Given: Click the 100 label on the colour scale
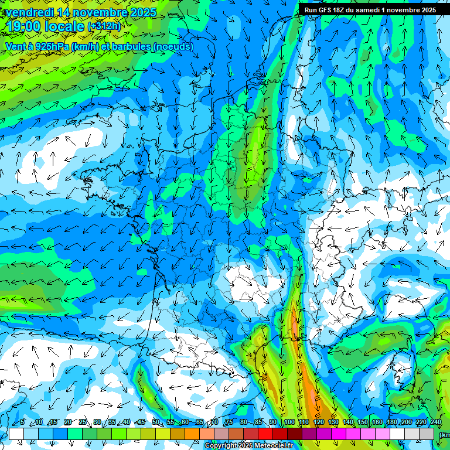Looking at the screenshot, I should pyautogui.click(x=289, y=422).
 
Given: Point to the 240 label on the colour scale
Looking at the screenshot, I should pyautogui.click(x=435, y=422).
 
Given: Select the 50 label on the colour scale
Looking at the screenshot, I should pyautogui.click(x=156, y=422).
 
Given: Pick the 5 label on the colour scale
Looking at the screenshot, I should pyautogui.click(x=22, y=422).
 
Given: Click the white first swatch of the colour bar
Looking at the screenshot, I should pyautogui.click(x=16, y=434).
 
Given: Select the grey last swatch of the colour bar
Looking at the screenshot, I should pyautogui.click(x=427, y=434).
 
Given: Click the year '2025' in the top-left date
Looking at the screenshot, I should pyautogui.click(x=143, y=12).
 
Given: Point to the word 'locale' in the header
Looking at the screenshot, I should pyautogui.click(x=64, y=26).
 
